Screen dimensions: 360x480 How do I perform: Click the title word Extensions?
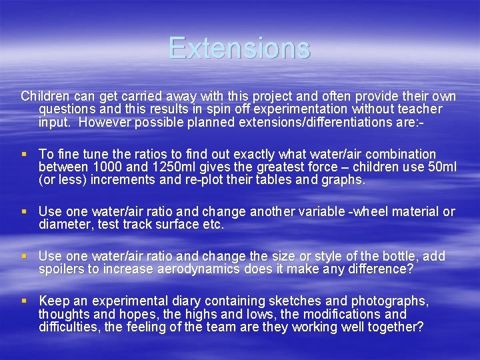[x=239, y=48]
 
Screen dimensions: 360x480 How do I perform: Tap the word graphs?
[x=341, y=180]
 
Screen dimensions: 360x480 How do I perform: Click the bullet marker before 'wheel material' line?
[x=25, y=212]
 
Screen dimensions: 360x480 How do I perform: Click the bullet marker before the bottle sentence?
[x=25, y=257]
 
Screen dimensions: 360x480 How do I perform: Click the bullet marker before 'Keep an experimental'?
[x=25, y=301]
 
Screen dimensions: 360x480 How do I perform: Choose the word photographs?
[x=389, y=301]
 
